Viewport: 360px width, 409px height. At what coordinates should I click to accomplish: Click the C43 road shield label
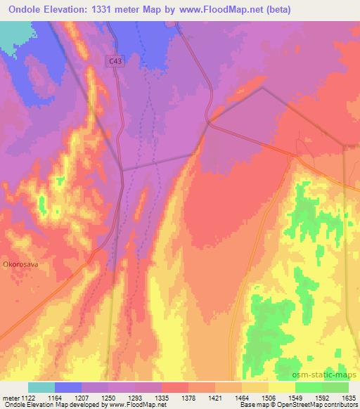click(115, 62)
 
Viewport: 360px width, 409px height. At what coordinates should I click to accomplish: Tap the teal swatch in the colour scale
click(41, 387)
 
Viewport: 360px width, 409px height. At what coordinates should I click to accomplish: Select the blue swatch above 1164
click(68, 387)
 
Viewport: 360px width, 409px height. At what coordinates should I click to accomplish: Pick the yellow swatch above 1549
click(282, 387)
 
